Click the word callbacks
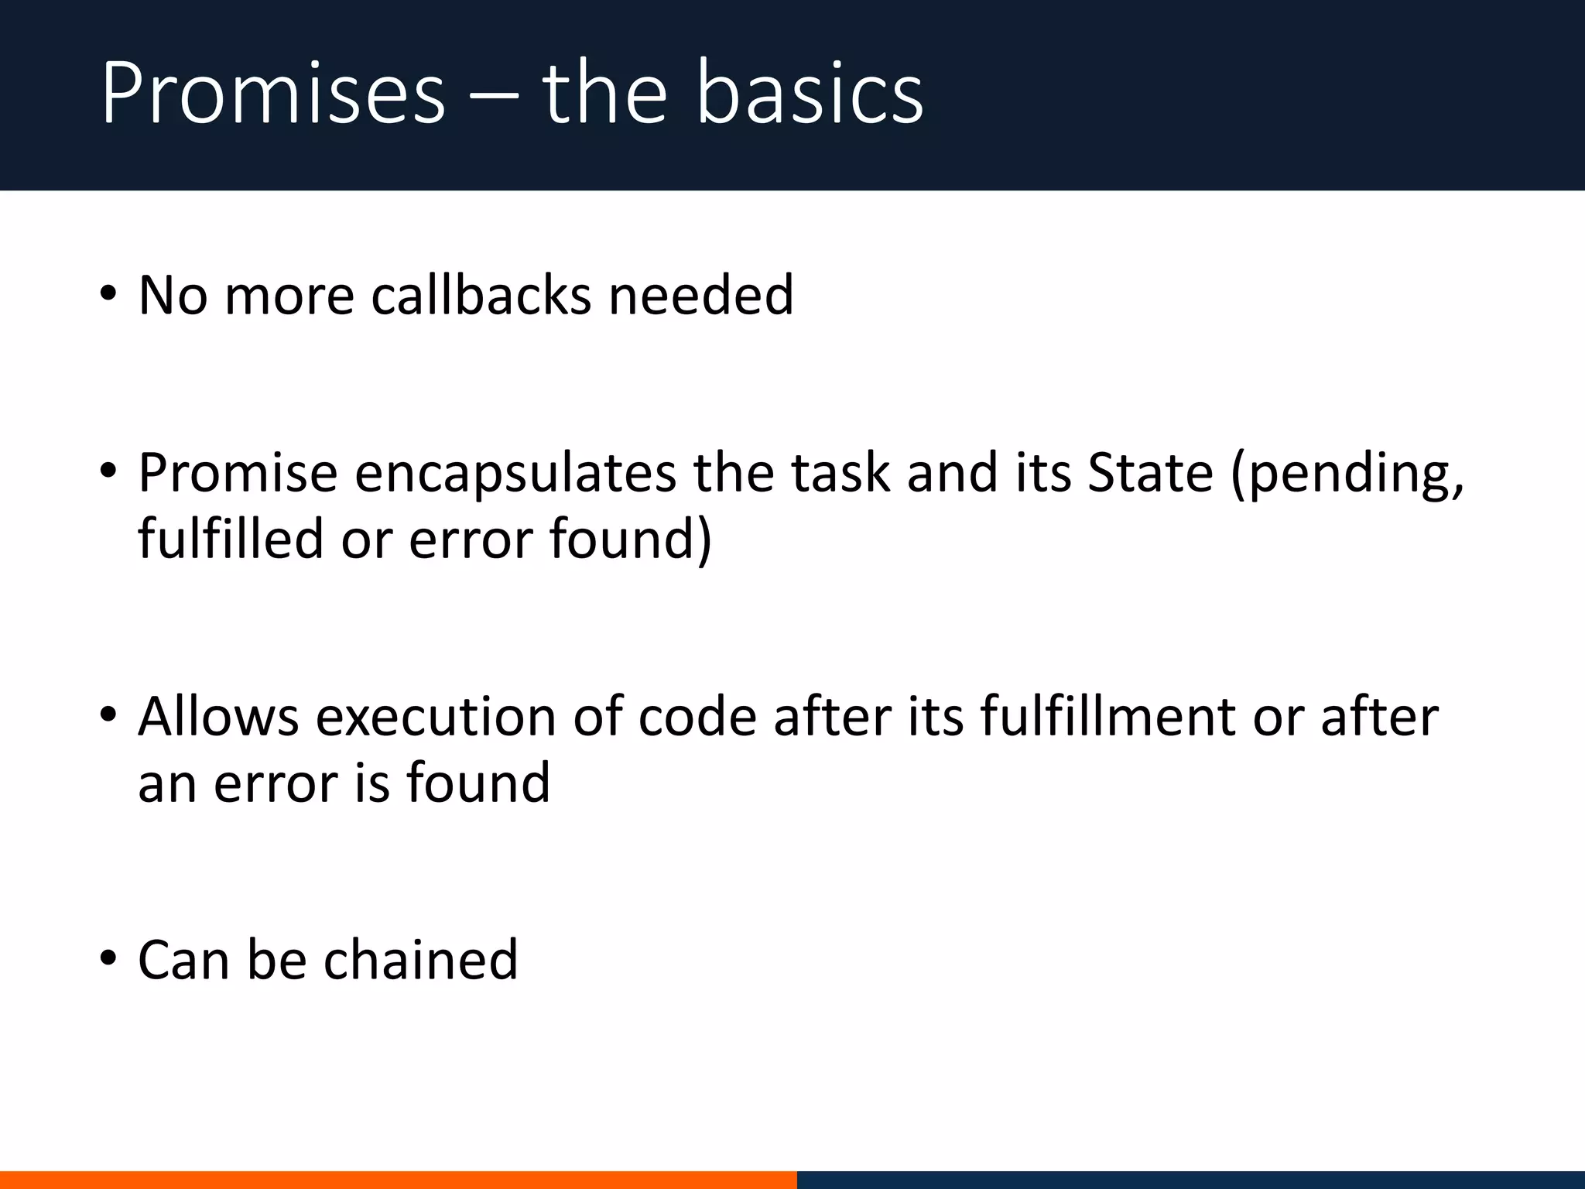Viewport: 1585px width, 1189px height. pyautogui.click(x=481, y=296)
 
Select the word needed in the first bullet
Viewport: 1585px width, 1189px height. pyautogui.click(x=701, y=296)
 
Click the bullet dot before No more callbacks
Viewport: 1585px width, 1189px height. pyautogui.click(x=108, y=294)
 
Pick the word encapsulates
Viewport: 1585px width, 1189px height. pyautogui.click(x=515, y=473)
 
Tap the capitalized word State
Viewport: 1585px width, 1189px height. pyautogui.click(x=1150, y=473)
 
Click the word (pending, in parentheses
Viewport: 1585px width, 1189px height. pyautogui.click(x=1347, y=475)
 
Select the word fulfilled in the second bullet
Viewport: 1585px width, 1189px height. pyautogui.click(x=231, y=539)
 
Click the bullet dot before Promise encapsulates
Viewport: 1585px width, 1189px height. pyautogui.click(x=108, y=471)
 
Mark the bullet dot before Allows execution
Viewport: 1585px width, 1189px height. pyautogui.click(x=108, y=714)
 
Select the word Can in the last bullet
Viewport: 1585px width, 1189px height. pyautogui.click(x=183, y=960)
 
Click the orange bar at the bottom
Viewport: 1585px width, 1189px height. pyautogui.click(x=398, y=1180)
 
